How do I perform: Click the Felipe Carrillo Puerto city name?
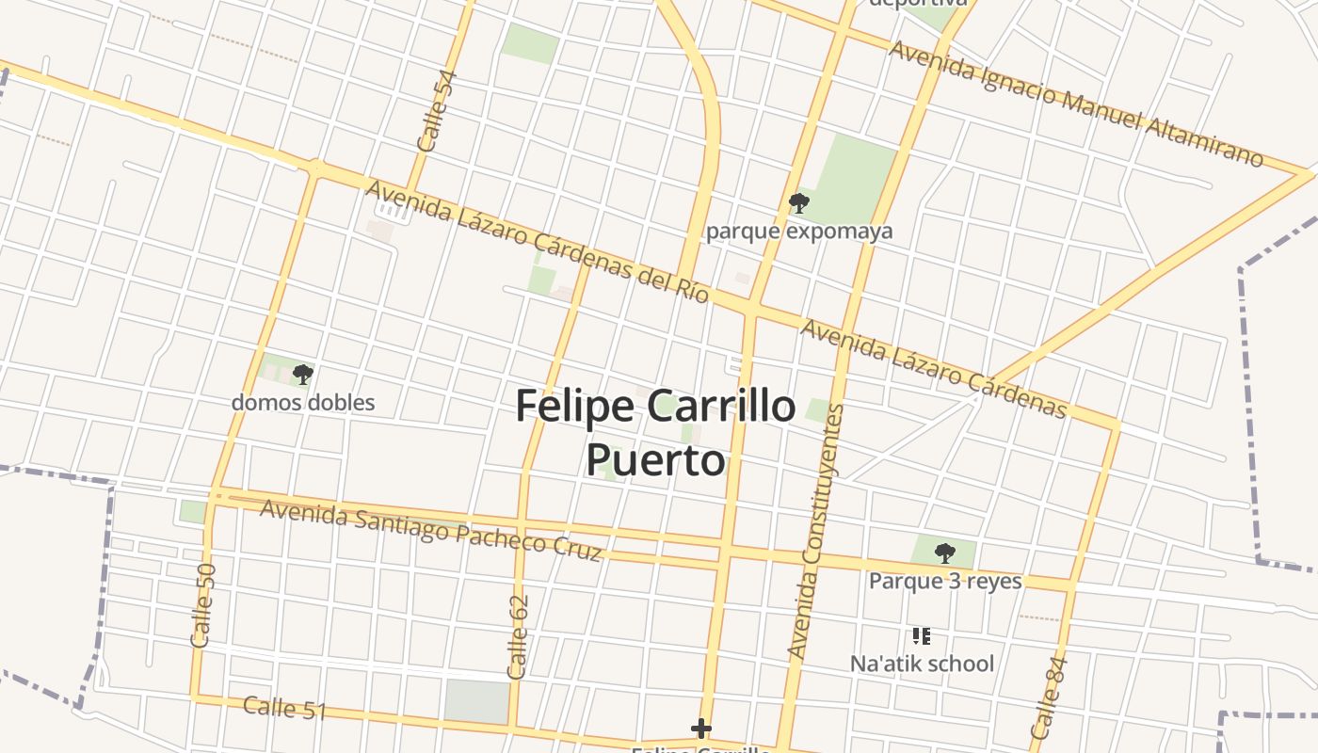656,432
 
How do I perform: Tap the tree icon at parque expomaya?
798,202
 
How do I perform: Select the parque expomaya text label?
799,232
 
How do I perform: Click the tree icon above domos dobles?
302,375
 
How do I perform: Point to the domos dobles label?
303,403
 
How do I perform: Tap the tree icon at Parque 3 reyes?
944,553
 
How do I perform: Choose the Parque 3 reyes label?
945,581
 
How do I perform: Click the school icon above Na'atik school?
922,636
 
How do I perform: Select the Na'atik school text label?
922,664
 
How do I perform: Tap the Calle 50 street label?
203,605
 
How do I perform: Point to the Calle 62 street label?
518,637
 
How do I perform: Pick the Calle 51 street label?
284,708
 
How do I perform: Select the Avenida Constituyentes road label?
815,531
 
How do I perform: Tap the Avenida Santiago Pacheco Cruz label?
430,530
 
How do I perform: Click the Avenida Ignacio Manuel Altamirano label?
1076,104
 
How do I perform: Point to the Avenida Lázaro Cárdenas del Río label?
537,241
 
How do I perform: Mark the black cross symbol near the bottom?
700,729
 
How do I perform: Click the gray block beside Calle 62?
477,702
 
